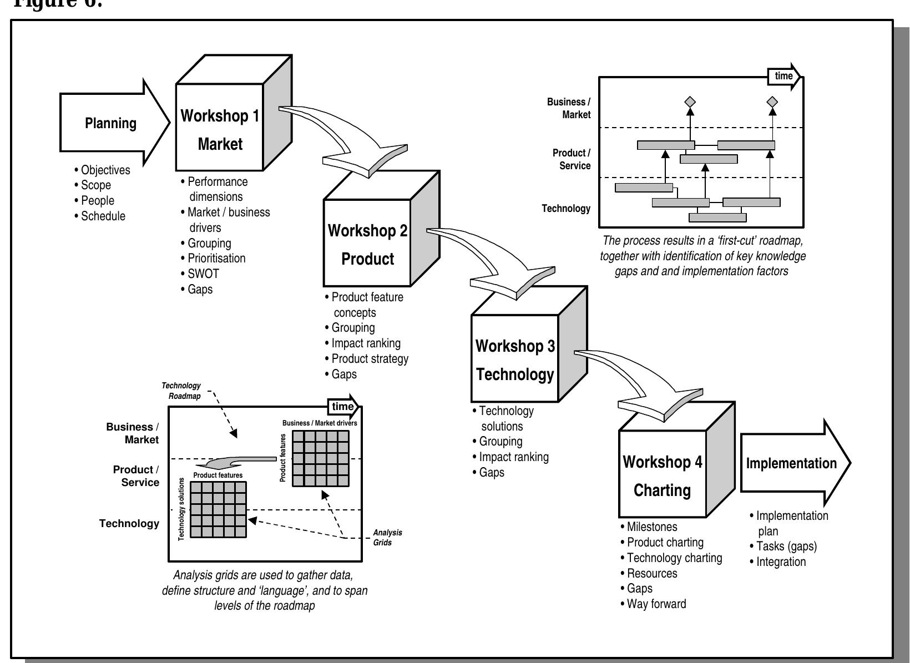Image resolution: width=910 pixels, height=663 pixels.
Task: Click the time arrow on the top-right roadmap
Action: point(784,76)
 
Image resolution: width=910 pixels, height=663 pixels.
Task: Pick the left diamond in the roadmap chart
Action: point(690,102)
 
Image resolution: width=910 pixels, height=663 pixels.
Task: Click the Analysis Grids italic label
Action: point(387,538)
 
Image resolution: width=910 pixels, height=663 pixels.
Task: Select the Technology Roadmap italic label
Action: point(182,391)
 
